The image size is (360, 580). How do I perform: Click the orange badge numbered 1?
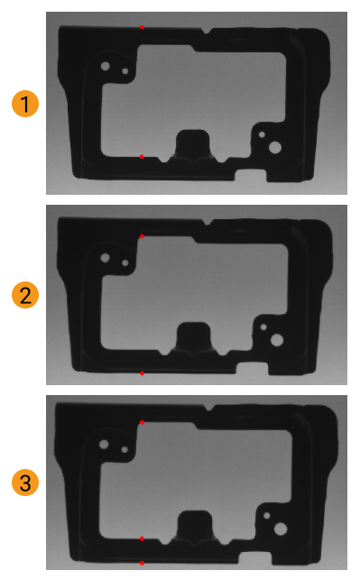tap(25, 105)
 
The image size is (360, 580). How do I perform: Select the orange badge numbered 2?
tap(25, 294)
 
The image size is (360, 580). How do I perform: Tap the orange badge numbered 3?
tap(25, 483)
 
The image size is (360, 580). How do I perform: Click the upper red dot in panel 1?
tap(142, 27)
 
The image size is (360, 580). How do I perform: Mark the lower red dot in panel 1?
tap(142, 156)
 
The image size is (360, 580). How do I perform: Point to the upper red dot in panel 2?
tap(142, 236)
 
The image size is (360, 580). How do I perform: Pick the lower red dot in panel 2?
tap(142, 372)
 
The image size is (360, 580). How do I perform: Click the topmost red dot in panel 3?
tap(142, 421)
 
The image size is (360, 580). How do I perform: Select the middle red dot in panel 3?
tap(142, 539)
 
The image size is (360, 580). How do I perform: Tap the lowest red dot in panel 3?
tap(142, 563)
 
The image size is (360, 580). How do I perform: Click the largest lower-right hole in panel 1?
tap(275, 147)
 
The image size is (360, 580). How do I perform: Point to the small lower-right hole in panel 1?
tap(263, 134)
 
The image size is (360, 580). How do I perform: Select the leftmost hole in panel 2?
tap(106, 258)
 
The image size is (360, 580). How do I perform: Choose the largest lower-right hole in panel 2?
tap(276, 340)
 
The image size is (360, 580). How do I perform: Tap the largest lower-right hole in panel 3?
tap(281, 529)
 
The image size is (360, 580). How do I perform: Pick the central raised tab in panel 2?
tap(192, 337)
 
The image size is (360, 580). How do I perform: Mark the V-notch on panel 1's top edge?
tap(208, 32)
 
